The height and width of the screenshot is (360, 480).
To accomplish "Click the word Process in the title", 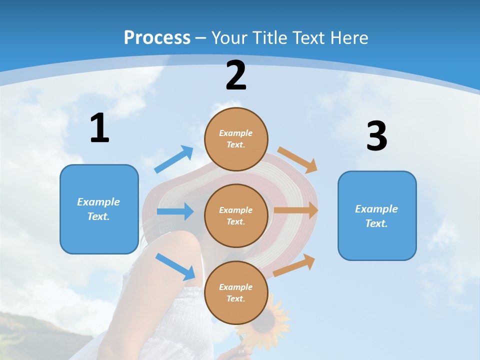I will (157, 37).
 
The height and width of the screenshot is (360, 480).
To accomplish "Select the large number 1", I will (99, 128).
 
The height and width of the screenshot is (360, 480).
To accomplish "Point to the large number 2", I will (236, 75).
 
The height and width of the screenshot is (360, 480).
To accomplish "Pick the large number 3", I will (376, 136).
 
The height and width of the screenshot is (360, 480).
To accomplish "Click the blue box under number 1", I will (99, 209).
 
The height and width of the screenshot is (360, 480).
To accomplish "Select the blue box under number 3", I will (377, 215).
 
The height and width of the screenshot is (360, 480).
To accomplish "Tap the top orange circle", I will (236, 139).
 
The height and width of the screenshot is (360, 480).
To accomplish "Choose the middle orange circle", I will (236, 215).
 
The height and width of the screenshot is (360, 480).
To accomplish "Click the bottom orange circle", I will (236, 292).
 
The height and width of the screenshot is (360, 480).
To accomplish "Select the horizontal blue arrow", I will (175, 211).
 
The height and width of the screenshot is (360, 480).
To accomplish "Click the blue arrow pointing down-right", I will (175, 266).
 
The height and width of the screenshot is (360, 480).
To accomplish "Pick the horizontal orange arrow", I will (296, 210).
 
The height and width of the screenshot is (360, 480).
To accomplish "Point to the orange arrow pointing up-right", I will (294, 265).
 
